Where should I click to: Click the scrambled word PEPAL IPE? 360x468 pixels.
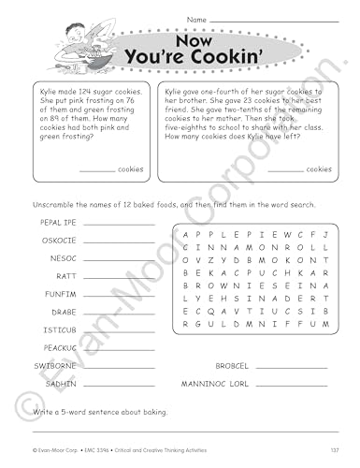[57, 222]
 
